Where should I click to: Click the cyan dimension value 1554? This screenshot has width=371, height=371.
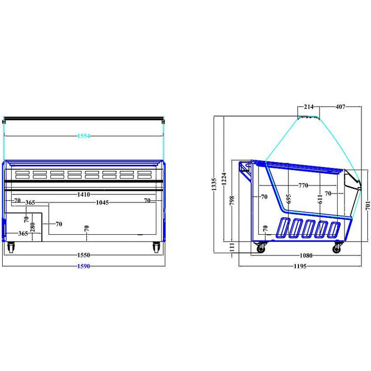pyautogui.click(x=84, y=136)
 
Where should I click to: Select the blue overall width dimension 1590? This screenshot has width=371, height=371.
pyautogui.click(x=84, y=267)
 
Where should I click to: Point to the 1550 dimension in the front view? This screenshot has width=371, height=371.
pyautogui.click(x=84, y=255)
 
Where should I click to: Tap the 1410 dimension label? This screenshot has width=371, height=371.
pyautogui.click(x=84, y=195)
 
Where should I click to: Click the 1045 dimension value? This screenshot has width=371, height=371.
pyautogui.click(x=102, y=202)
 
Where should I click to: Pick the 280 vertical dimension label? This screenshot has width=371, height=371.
pyautogui.click(x=33, y=227)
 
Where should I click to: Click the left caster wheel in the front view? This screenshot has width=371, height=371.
pyautogui.click(x=11, y=248)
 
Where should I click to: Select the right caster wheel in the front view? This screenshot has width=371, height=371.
pyautogui.click(x=156, y=248)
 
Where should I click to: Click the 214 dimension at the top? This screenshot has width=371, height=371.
pyautogui.click(x=309, y=107)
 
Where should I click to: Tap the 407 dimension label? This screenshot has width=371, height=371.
pyautogui.click(x=340, y=107)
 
